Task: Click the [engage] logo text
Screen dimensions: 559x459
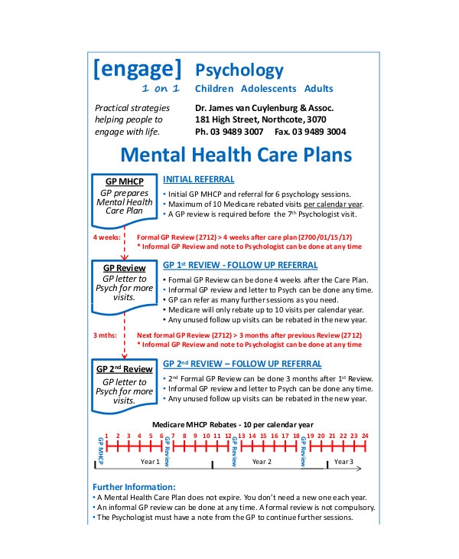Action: (x=137, y=70)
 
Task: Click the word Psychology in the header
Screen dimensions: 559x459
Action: (x=239, y=70)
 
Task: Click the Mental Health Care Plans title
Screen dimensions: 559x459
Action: (x=236, y=155)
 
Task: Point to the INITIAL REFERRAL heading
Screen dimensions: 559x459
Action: (x=199, y=180)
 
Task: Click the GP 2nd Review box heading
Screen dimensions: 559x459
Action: (x=124, y=369)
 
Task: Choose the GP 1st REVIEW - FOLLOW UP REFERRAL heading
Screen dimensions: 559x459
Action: (x=240, y=265)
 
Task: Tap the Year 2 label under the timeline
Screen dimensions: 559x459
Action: (x=262, y=462)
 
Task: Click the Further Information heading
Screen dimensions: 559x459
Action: (x=134, y=486)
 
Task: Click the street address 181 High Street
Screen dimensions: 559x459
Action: (x=229, y=120)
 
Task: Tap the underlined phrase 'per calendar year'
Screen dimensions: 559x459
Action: (x=332, y=204)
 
